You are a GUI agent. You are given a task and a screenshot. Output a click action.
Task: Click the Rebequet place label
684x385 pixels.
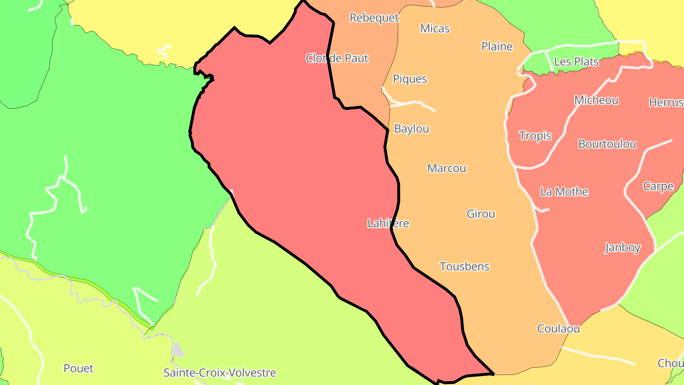[x=374, y=18]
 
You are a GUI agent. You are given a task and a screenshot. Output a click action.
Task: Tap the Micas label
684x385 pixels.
[x=435, y=29]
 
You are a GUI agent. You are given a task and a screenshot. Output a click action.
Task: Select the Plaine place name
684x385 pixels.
[x=497, y=47]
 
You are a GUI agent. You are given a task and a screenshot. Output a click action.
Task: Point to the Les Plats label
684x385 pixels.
[x=576, y=62]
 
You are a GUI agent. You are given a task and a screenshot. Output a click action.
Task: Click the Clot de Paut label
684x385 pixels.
[x=337, y=58]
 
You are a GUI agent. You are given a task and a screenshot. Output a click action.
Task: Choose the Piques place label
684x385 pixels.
[x=410, y=79]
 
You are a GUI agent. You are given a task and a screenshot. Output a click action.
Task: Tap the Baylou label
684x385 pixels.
[x=411, y=129]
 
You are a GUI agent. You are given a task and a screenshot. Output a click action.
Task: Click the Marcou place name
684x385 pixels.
[x=446, y=168]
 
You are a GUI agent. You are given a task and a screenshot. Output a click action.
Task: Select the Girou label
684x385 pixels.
[x=481, y=214]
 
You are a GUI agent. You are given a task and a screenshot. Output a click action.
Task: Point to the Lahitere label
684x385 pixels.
[x=388, y=223]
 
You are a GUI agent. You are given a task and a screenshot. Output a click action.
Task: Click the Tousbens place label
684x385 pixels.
[x=464, y=267]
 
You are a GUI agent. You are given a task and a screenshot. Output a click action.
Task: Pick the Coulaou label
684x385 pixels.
[x=559, y=328]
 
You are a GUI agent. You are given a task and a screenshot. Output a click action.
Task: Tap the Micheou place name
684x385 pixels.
[x=596, y=100]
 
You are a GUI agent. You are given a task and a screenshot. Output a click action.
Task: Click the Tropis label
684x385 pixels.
[x=535, y=136]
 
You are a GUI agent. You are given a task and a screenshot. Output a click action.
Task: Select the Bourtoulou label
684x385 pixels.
[x=607, y=144]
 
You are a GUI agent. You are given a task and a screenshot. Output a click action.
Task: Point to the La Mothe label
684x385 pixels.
[x=564, y=192]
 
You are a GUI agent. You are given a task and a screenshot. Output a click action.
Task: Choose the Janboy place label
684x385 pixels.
[x=623, y=248]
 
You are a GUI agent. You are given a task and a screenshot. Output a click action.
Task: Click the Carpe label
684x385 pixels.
[x=658, y=186]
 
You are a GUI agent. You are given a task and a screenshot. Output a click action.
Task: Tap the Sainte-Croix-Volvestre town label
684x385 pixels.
[x=219, y=373]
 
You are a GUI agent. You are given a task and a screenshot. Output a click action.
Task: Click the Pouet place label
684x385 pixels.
[x=78, y=368]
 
